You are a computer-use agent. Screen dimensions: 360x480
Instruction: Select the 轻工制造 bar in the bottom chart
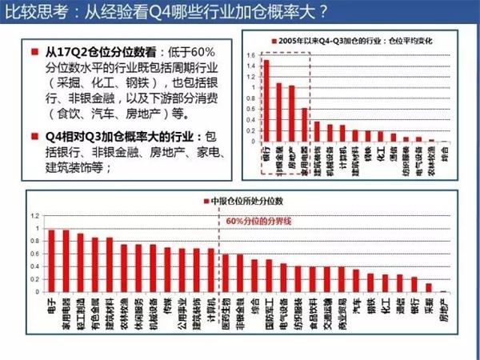(x=81, y=263)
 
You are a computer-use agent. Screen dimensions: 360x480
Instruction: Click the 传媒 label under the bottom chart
(x=167, y=305)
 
